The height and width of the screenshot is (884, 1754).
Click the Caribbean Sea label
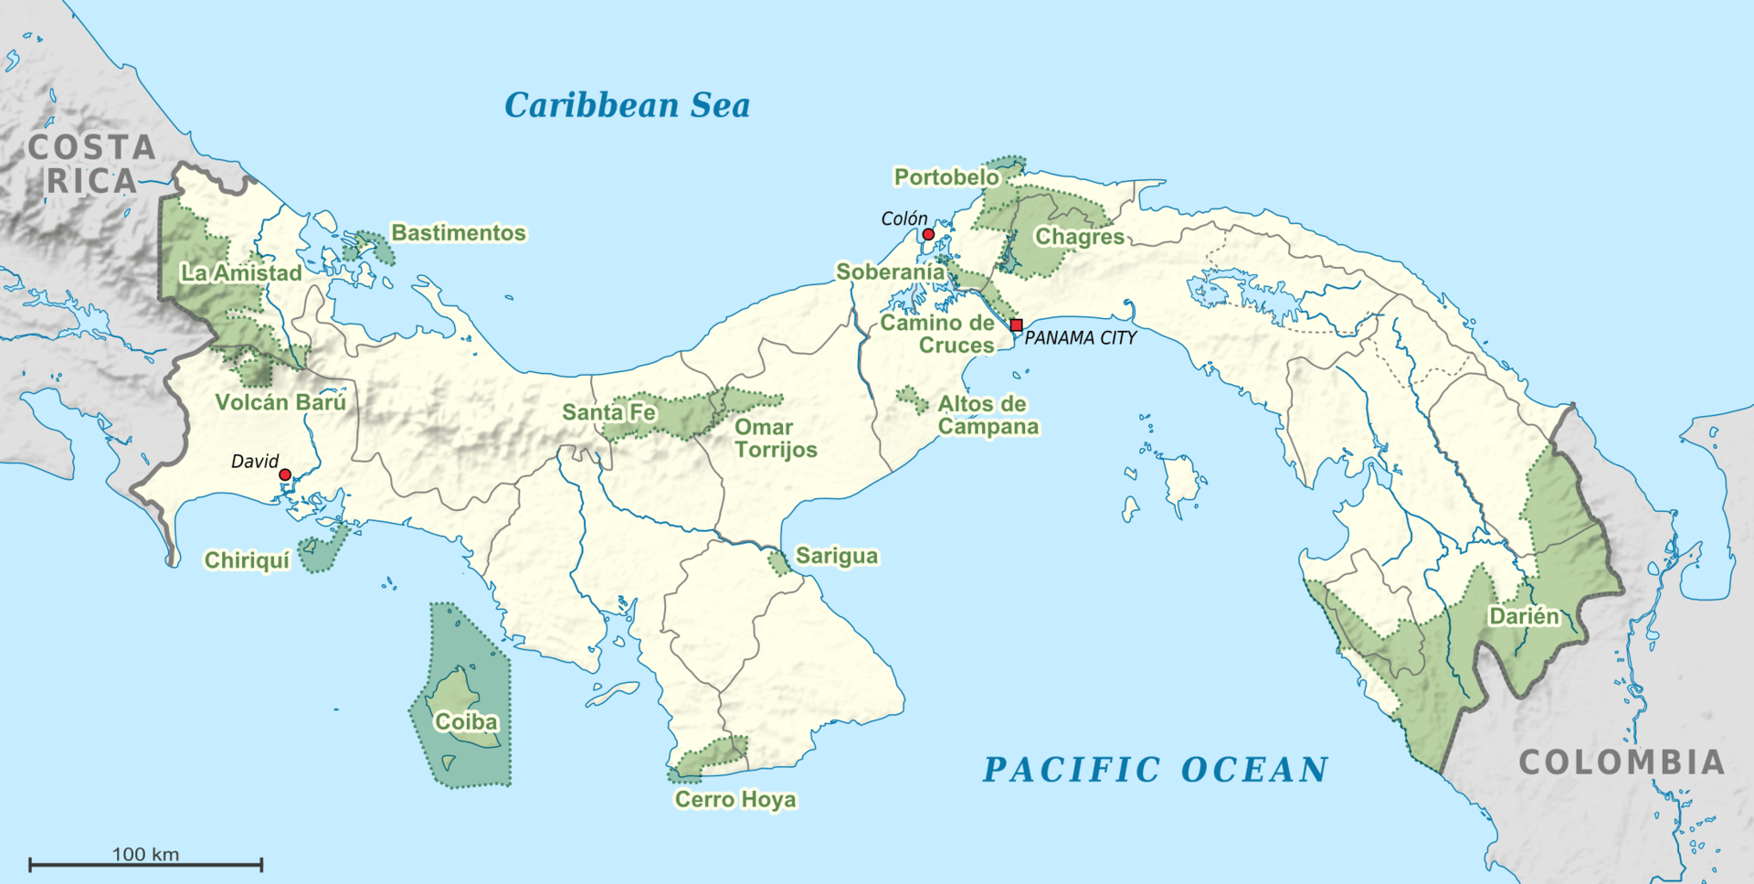(627, 105)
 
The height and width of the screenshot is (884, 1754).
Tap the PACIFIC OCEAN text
(1155, 770)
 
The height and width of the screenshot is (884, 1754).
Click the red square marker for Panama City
(1016, 325)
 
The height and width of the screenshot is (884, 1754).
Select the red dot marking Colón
(928, 235)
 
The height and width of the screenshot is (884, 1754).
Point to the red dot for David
(285, 474)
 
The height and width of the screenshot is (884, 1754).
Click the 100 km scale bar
(145, 863)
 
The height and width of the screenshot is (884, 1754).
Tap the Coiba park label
(466, 722)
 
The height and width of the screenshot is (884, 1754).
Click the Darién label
(1524, 616)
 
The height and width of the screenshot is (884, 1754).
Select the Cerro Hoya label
(735, 800)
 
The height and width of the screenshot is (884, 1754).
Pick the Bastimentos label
(459, 233)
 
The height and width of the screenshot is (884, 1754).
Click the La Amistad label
(241, 272)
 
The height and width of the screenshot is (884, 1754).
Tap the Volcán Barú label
(280, 402)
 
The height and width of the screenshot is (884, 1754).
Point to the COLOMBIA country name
(1622, 762)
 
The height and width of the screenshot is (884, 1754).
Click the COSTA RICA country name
(91, 165)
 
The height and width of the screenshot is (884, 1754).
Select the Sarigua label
(837, 556)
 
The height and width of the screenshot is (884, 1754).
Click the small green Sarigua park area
(779, 563)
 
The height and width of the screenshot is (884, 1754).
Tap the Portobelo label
(946, 176)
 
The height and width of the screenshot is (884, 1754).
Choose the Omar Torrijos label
(776, 438)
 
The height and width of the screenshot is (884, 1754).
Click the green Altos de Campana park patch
(912, 399)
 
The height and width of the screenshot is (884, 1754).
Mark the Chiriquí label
(247, 559)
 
